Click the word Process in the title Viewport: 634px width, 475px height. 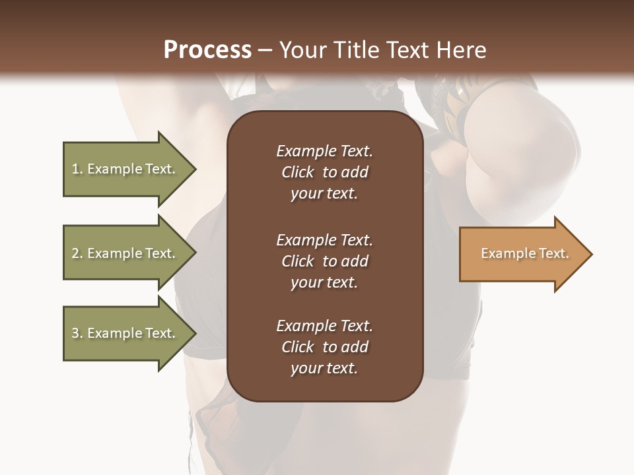(207, 50)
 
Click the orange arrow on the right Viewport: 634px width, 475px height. (522, 254)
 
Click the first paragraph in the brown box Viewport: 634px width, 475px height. (324, 172)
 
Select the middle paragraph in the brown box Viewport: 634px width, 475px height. (324, 261)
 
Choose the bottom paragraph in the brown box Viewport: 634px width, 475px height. (324, 347)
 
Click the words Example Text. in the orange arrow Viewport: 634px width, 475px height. (524, 253)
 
